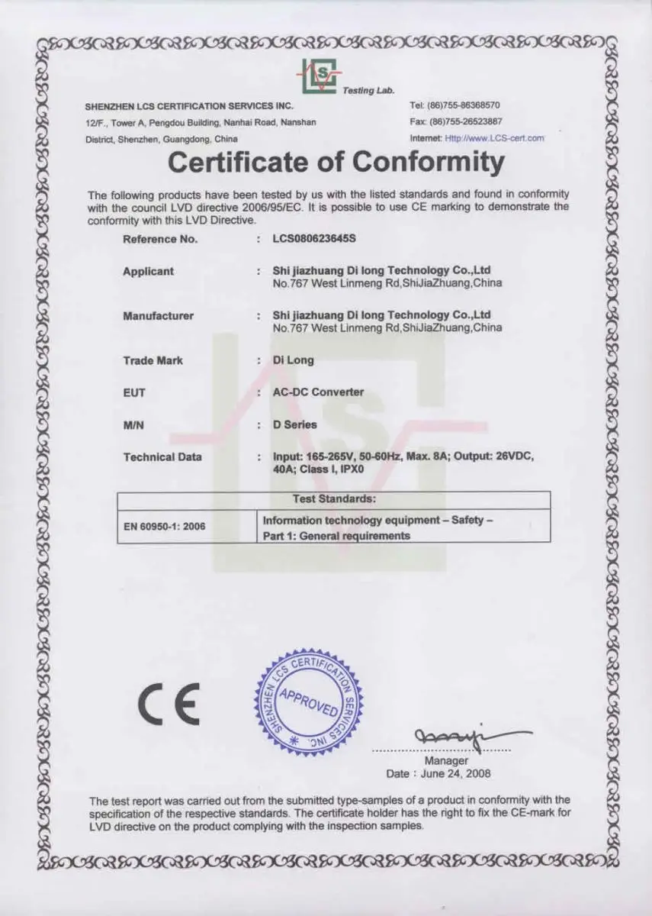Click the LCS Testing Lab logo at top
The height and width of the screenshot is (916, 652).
[x=319, y=76]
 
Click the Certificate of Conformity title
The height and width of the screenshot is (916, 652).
[x=336, y=162]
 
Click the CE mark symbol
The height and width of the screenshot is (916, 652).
[x=169, y=705]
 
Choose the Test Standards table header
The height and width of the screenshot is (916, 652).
[x=333, y=499]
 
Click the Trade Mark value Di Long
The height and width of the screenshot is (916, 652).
[x=294, y=360]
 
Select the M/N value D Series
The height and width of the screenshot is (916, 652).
[x=295, y=424]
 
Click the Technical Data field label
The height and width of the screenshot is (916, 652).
[x=162, y=457]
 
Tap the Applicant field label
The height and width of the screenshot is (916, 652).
[x=148, y=272]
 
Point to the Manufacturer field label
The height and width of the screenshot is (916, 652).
[x=158, y=316]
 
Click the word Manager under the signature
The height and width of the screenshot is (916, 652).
[x=446, y=761]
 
